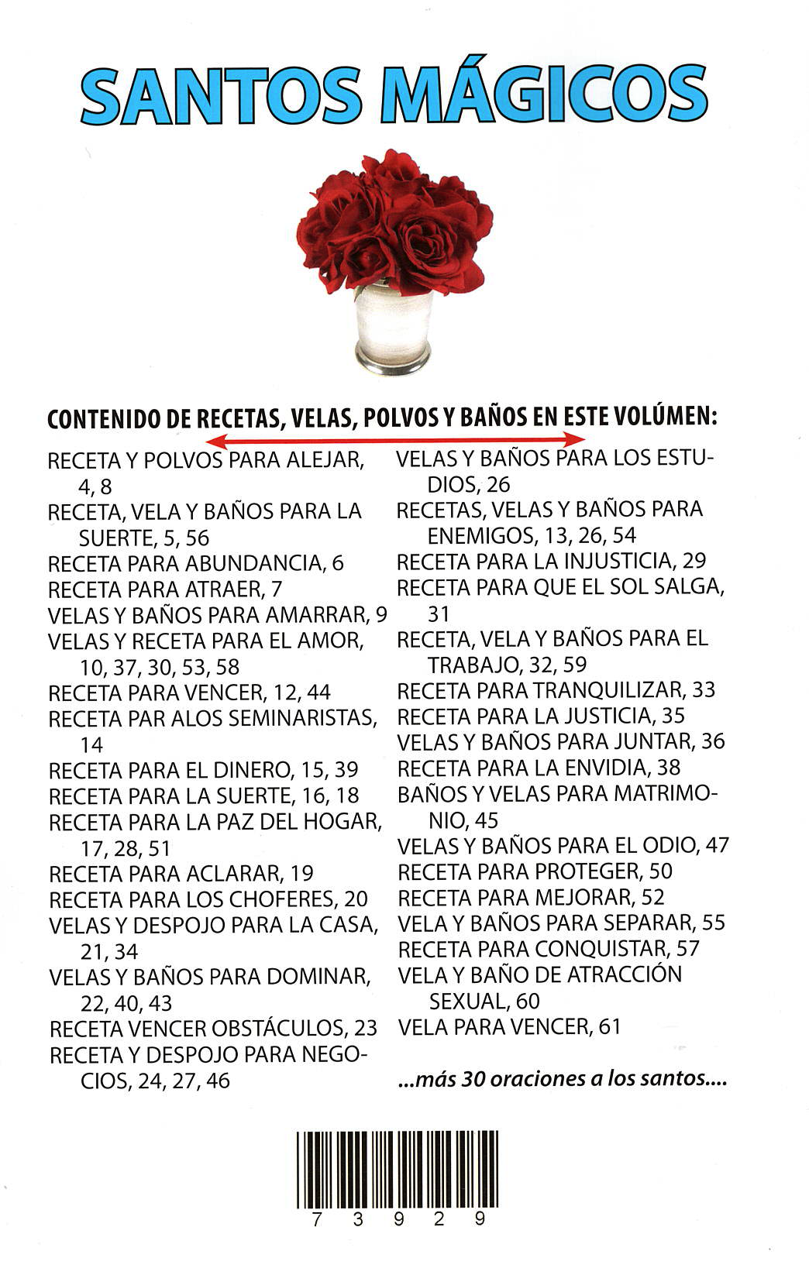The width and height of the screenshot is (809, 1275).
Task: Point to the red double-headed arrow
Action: click(x=396, y=440)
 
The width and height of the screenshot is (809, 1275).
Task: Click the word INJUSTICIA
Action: click(x=606, y=561)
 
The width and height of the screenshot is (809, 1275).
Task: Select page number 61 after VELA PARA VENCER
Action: click(x=610, y=1027)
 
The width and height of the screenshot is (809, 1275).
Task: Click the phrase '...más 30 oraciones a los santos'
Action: click(x=562, y=1078)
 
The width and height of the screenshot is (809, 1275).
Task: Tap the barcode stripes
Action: click(x=397, y=1170)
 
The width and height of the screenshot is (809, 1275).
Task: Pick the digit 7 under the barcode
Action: click(x=315, y=1219)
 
